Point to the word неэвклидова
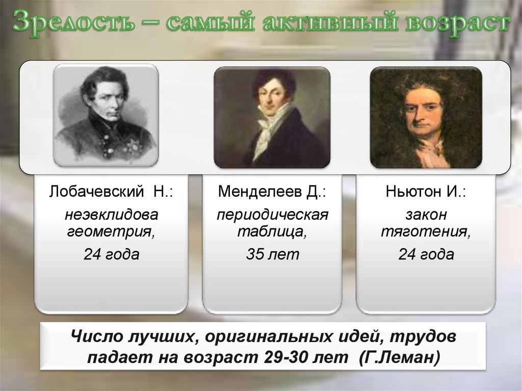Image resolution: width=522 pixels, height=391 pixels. pos(111,214)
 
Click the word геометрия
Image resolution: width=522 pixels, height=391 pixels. pos(111,232)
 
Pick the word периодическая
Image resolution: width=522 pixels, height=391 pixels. pos(272,214)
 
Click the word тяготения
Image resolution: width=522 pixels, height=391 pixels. pos(426,232)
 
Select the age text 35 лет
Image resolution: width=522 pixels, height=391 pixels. pos(272,254)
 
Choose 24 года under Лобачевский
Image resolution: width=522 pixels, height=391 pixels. pos(111,254)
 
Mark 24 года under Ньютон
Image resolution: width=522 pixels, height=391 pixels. pos(426,254)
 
